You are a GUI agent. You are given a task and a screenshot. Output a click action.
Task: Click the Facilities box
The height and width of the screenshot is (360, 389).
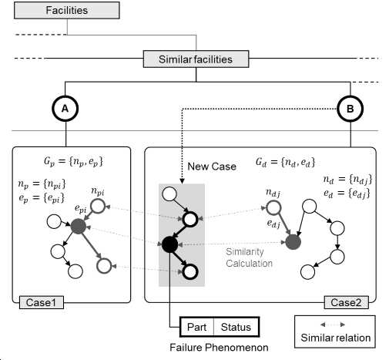click(x=67, y=10)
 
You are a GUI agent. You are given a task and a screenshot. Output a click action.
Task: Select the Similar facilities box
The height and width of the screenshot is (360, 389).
click(x=196, y=59)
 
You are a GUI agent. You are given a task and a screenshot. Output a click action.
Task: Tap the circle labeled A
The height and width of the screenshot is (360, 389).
click(x=65, y=109)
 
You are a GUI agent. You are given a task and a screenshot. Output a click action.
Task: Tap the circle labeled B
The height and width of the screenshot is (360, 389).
click(x=350, y=109)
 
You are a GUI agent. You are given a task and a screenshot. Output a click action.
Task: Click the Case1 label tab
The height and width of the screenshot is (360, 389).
click(x=42, y=302)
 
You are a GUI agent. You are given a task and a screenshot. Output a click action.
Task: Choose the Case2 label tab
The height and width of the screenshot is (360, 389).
click(x=347, y=302)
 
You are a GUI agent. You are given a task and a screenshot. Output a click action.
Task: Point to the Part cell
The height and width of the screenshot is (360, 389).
click(x=197, y=327)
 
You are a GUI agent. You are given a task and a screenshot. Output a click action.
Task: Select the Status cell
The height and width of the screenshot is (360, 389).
click(x=236, y=327)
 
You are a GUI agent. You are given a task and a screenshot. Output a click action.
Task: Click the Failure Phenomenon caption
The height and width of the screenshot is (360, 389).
click(x=219, y=348)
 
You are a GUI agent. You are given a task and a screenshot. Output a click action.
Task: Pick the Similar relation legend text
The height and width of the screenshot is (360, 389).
click(x=336, y=338)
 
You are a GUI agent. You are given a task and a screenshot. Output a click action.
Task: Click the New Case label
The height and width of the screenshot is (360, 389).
click(x=212, y=167)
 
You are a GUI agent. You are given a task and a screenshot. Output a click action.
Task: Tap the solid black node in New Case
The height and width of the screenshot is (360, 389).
click(x=169, y=244)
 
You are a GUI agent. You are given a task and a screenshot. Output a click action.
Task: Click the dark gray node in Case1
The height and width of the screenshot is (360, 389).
click(x=79, y=227)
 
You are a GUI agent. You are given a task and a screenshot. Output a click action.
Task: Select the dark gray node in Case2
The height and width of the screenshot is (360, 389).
click(x=293, y=242)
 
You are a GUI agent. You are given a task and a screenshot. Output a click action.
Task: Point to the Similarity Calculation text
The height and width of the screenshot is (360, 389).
click(x=249, y=257)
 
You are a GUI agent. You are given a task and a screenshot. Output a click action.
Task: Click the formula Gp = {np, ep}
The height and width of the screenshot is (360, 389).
click(x=73, y=162)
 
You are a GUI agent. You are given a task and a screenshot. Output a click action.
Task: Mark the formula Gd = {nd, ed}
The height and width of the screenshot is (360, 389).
click(x=285, y=162)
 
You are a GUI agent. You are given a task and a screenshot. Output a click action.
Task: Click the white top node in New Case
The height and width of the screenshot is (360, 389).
click(x=169, y=193)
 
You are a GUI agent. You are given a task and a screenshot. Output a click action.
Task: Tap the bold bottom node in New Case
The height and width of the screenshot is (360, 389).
click(x=190, y=272)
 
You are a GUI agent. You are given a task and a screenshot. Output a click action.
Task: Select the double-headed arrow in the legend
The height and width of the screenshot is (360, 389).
click(x=333, y=325)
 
